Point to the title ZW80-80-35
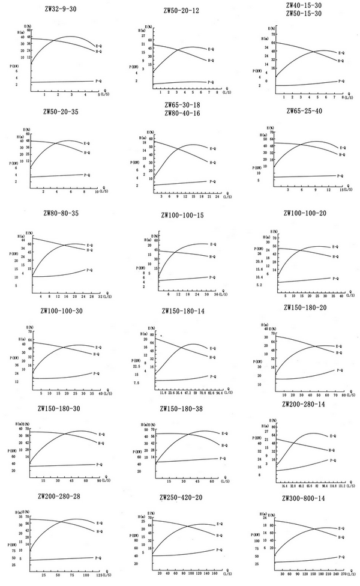click(61, 213)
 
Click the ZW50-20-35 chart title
click(60, 111)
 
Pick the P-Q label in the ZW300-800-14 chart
click(341, 557)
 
